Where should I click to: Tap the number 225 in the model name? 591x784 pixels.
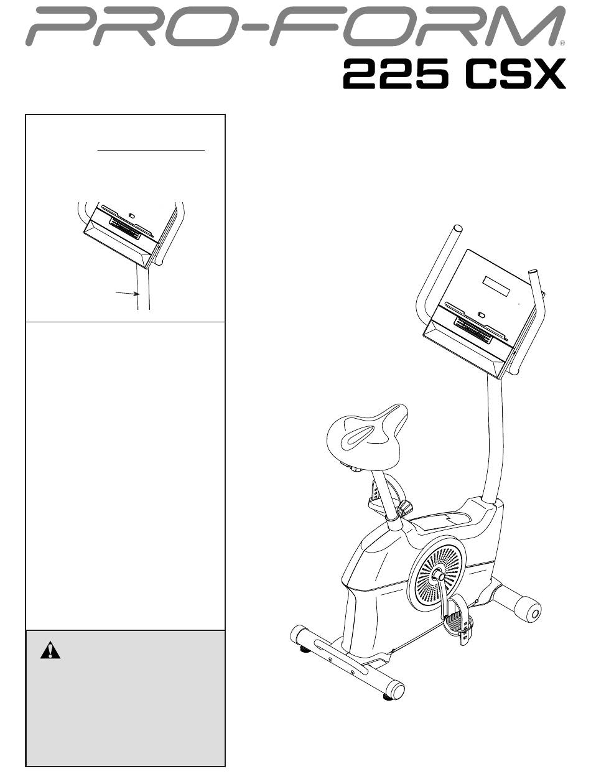pyautogui.click(x=395, y=74)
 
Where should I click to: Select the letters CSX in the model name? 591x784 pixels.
pyautogui.click(x=515, y=74)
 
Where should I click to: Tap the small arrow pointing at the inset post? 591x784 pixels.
pyautogui.click(x=127, y=294)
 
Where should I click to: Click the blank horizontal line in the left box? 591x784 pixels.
pyautogui.click(x=151, y=151)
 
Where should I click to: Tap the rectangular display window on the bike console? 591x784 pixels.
pyautogui.click(x=496, y=286)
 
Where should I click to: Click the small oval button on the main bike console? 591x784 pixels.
pyautogui.click(x=481, y=315)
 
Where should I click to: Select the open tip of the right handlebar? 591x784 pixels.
pyautogui.click(x=533, y=273)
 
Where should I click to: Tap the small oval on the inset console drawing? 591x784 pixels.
pyautogui.click(x=131, y=216)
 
